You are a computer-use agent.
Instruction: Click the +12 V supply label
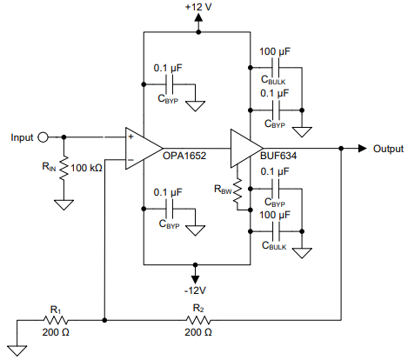pyautogui.click(x=198, y=8)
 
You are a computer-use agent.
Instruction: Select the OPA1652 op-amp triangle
pyautogui.click(x=141, y=148)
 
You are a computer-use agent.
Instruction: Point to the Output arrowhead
pyautogui.click(x=364, y=148)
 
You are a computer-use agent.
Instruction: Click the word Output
pyautogui.click(x=389, y=148)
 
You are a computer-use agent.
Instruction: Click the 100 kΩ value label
pyautogui.click(x=88, y=167)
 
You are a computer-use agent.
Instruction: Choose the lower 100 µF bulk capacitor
pyautogui.click(x=277, y=230)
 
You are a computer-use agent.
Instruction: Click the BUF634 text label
pyautogui.click(x=280, y=157)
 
